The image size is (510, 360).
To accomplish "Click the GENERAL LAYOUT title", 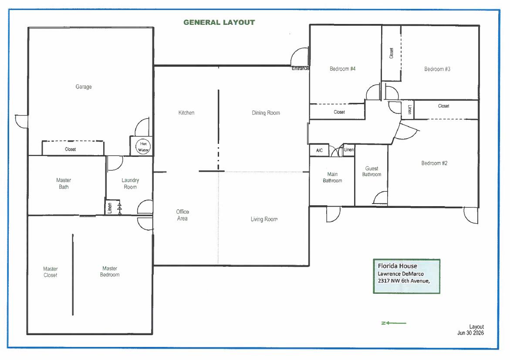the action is [x=219, y=23].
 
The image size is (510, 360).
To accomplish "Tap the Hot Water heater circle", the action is [x=143, y=147].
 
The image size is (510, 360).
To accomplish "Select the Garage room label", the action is [x=84, y=87].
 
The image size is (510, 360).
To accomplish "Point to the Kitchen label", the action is [x=186, y=112].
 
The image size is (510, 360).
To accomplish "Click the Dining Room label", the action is [x=266, y=113].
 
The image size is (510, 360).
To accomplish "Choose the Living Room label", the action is [x=264, y=219].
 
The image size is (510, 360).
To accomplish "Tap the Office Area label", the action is [x=182, y=215].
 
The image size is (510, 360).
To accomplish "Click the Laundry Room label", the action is [x=130, y=183].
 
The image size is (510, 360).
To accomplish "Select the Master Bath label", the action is [x=64, y=183].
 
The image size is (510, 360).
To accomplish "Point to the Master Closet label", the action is [x=51, y=272].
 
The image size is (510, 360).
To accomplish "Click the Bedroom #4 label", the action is [x=342, y=69].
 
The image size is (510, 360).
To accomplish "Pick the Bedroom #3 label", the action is [x=437, y=69].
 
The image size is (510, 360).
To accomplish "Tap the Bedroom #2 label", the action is [x=434, y=163].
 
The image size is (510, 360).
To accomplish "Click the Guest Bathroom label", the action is [x=372, y=171].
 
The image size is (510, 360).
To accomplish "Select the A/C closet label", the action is [x=319, y=150].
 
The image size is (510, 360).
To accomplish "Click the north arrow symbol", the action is [x=394, y=323].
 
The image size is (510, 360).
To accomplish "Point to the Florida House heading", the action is [x=398, y=266].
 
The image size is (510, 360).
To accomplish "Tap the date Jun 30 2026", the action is [x=470, y=333].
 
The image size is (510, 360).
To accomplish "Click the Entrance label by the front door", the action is [x=300, y=68].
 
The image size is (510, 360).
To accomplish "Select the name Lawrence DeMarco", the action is [x=401, y=274].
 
